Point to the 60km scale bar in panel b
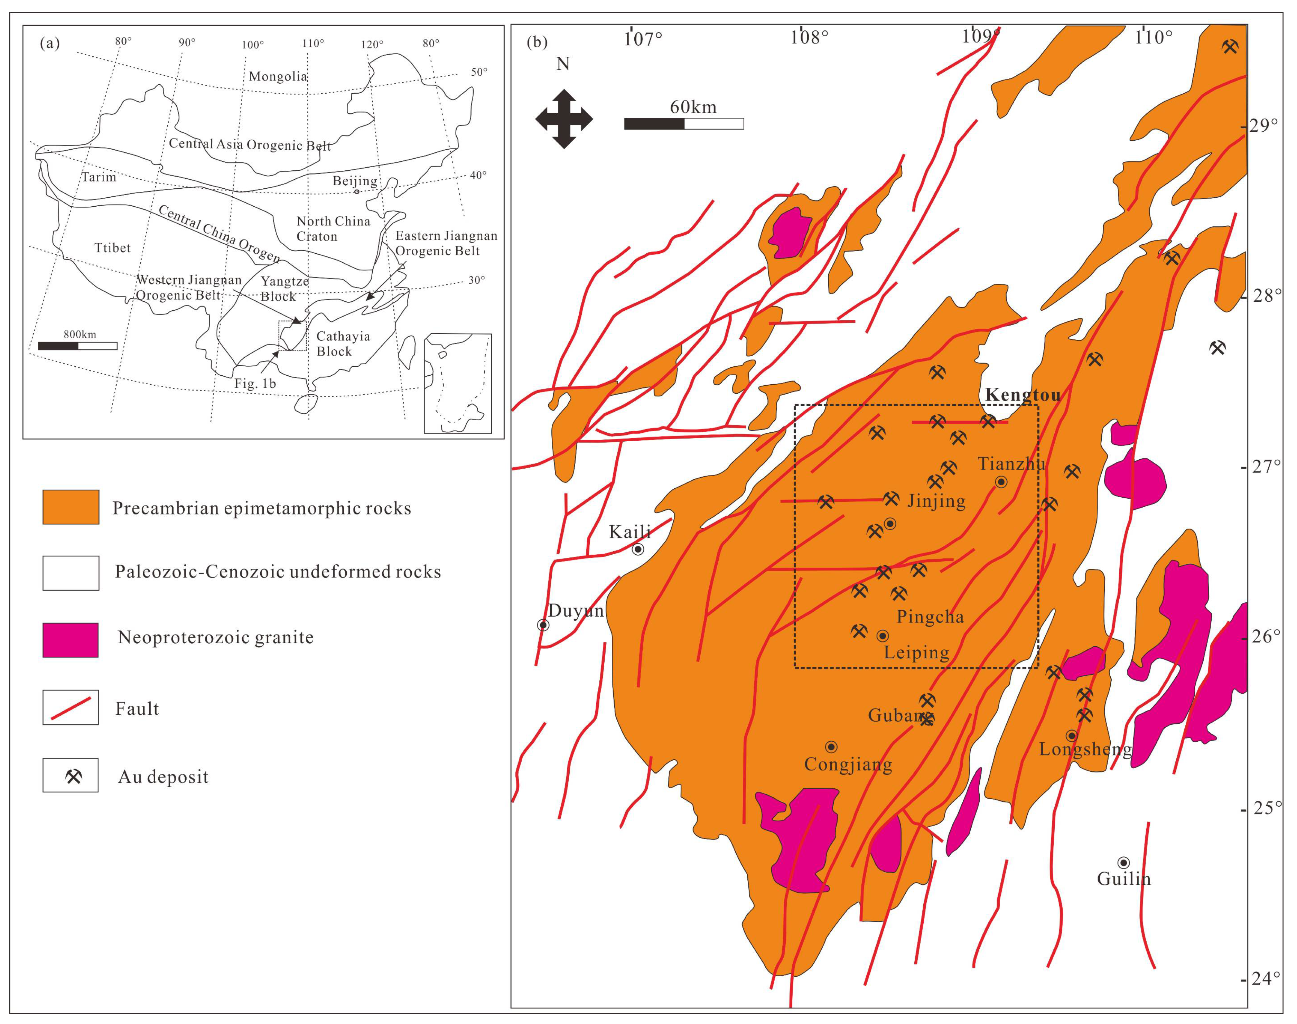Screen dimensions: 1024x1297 pos(683,123)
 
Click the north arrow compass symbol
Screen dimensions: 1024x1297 pos(564,119)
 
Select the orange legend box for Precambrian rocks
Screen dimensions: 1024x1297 pos(71,507)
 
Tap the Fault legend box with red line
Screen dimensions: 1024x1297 pos(71,707)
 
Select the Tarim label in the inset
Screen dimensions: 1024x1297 pos(99,177)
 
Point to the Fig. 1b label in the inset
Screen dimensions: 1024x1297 pos(255,384)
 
